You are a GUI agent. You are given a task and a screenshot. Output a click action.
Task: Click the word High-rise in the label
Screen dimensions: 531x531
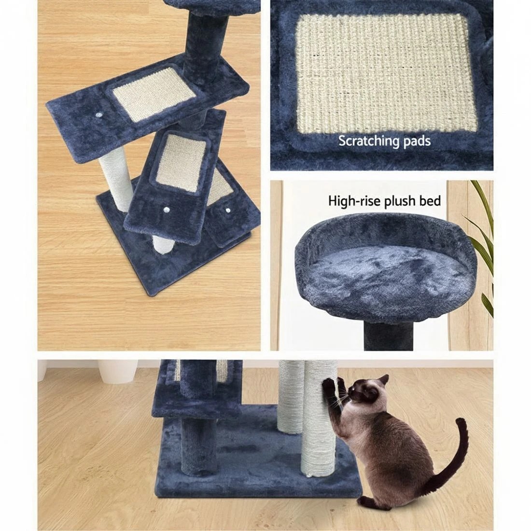click(354, 200)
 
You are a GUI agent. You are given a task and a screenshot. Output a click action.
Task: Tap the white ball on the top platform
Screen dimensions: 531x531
click(99, 116)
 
